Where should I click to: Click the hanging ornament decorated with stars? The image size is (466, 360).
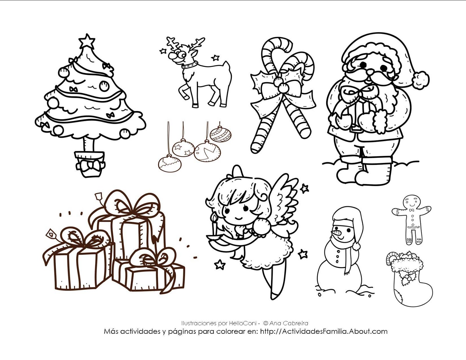pyautogui.click(x=183, y=148)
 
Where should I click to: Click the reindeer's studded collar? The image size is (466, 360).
pyautogui.click(x=190, y=65)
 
